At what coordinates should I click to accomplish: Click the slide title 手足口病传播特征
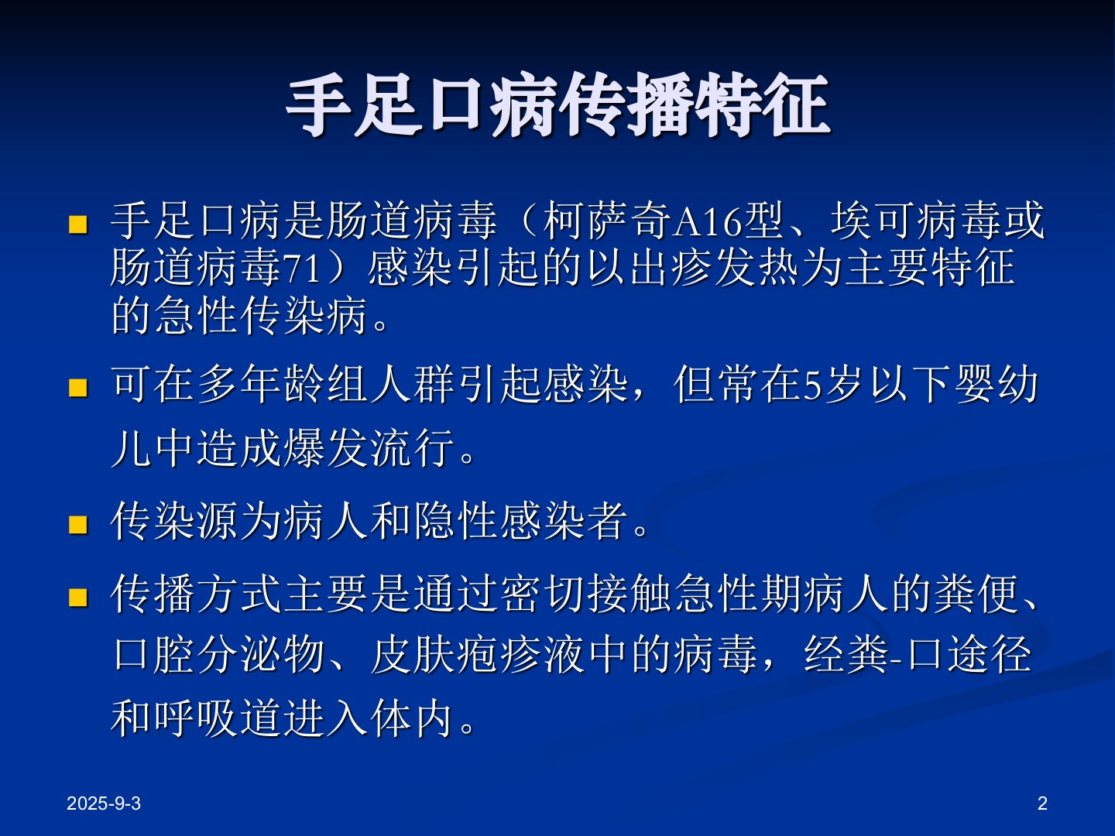(x=557, y=104)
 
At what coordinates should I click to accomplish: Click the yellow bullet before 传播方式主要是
(x=77, y=597)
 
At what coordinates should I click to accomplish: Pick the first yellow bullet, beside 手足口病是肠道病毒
(x=77, y=224)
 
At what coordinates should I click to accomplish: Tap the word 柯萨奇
(x=607, y=221)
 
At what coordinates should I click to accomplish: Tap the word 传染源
(x=173, y=521)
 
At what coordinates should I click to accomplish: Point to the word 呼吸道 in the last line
(x=218, y=718)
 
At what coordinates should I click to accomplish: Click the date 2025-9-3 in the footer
(x=104, y=804)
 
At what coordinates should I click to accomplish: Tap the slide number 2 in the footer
(x=1042, y=804)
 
